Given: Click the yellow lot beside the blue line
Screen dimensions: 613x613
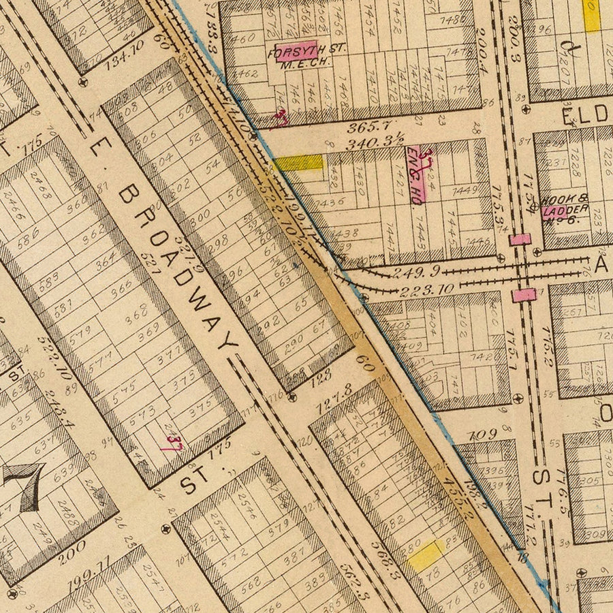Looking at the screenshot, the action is pyautogui.click(x=299, y=163).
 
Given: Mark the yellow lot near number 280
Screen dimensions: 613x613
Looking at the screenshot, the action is pyautogui.click(x=425, y=555).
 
